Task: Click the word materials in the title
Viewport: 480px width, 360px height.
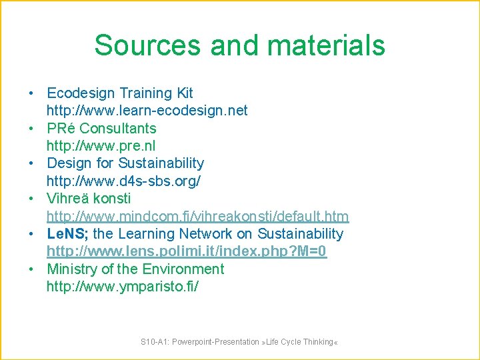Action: pyautogui.click(x=322, y=45)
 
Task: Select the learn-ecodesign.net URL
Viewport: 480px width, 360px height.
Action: pyautogui.click(x=147, y=110)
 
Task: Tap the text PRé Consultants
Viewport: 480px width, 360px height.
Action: pyautogui.click(x=101, y=128)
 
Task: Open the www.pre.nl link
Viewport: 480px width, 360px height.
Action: pyautogui.click(x=101, y=145)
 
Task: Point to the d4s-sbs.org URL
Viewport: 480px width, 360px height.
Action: pyautogui.click(x=123, y=181)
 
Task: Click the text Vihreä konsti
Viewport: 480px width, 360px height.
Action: pyautogui.click(x=89, y=198)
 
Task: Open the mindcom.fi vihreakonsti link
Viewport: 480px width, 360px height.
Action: pyautogui.click(x=197, y=216)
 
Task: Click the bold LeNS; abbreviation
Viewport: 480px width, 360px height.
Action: pyautogui.click(x=67, y=233)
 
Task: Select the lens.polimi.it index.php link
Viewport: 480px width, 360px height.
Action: pyautogui.click(x=187, y=251)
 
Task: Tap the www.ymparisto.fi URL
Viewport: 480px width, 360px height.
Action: pyautogui.click(x=122, y=287)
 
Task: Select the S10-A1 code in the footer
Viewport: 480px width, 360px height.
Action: pyautogui.click(x=153, y=342)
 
